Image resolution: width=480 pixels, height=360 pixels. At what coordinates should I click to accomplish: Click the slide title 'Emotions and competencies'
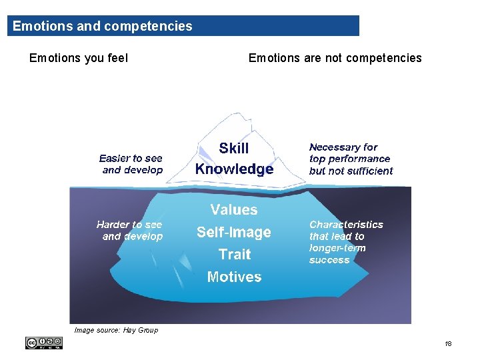point(102,27)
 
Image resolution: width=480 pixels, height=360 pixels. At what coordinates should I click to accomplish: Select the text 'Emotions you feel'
point(79,58)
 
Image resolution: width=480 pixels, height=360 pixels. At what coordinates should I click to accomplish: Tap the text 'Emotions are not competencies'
point(335,58)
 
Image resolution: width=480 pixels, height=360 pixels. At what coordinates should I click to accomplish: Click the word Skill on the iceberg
point(233,149)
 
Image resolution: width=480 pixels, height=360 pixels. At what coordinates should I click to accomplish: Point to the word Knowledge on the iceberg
point(234,169)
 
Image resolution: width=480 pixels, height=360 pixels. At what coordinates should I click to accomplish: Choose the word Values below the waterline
point(234,210)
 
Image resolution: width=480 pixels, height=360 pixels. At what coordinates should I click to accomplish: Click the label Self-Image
point(234,233)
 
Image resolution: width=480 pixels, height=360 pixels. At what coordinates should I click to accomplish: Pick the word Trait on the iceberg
point(235,255)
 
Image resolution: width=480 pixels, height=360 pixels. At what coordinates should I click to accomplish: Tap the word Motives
point(234,277)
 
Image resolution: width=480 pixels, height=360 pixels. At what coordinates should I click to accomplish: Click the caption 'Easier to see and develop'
point(131,164)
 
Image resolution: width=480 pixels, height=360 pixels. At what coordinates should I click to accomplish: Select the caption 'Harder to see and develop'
point(130,231)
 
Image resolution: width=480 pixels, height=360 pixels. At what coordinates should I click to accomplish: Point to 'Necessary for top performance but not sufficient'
point(351,159)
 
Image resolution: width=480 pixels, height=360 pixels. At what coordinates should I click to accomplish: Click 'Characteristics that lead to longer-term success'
point(346,243)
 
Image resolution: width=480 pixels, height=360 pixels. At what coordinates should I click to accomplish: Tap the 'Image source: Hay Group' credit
point(116,330)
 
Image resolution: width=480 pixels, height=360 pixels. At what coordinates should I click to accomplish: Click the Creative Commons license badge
point(44,343)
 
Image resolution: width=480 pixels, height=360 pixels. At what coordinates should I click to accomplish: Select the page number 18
point(447,344)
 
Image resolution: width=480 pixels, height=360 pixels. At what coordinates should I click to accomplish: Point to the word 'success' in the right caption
point(329,261)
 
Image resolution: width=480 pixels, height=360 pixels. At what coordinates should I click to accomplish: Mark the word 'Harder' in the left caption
point(111,225)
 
